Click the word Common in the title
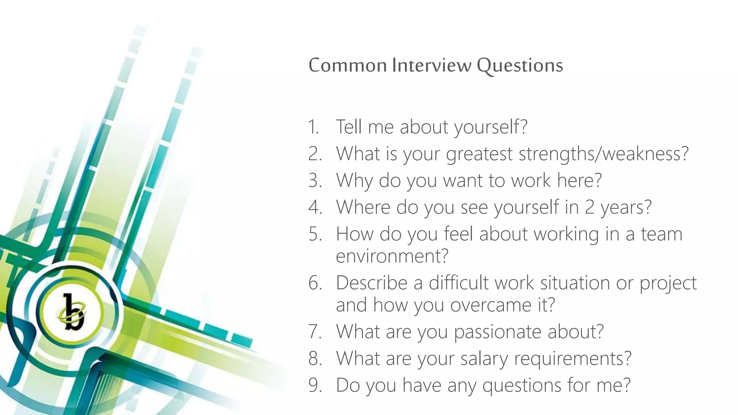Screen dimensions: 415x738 347,65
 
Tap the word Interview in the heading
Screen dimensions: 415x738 432,65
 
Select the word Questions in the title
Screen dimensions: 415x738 520,66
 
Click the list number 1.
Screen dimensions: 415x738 314,127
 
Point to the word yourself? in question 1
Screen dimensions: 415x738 490,127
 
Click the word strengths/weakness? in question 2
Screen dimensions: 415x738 604,154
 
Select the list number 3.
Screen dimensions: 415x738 315,180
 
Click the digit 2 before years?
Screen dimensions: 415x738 589,207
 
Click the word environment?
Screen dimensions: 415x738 392,256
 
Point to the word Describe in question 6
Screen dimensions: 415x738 372,283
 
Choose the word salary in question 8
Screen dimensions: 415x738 484,358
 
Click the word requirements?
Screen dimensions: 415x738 573,359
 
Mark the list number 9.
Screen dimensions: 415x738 315,385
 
